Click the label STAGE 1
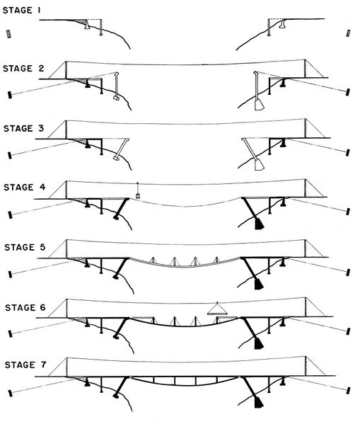pos(22,11)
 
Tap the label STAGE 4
pos(25,187)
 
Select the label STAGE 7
pos(25,365)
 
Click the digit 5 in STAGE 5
pos(42,247)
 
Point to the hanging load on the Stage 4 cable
pos(138,195)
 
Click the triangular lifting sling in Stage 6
pos(218,309)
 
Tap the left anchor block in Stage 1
pos(9,34)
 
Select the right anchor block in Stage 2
pos(348,92)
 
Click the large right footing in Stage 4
pos(259,224)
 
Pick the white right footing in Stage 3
pos(259,165)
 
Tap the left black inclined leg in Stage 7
pos(121,386)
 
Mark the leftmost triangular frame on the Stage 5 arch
pos(153,260)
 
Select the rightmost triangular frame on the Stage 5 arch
pos(216,260)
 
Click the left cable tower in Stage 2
pos(66,70)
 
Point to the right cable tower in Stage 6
pos(306,307)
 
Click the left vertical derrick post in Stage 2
pos(117,86)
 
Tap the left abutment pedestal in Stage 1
pos(87,24)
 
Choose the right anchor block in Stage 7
pos(349,391)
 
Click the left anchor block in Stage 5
pos(11,274)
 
